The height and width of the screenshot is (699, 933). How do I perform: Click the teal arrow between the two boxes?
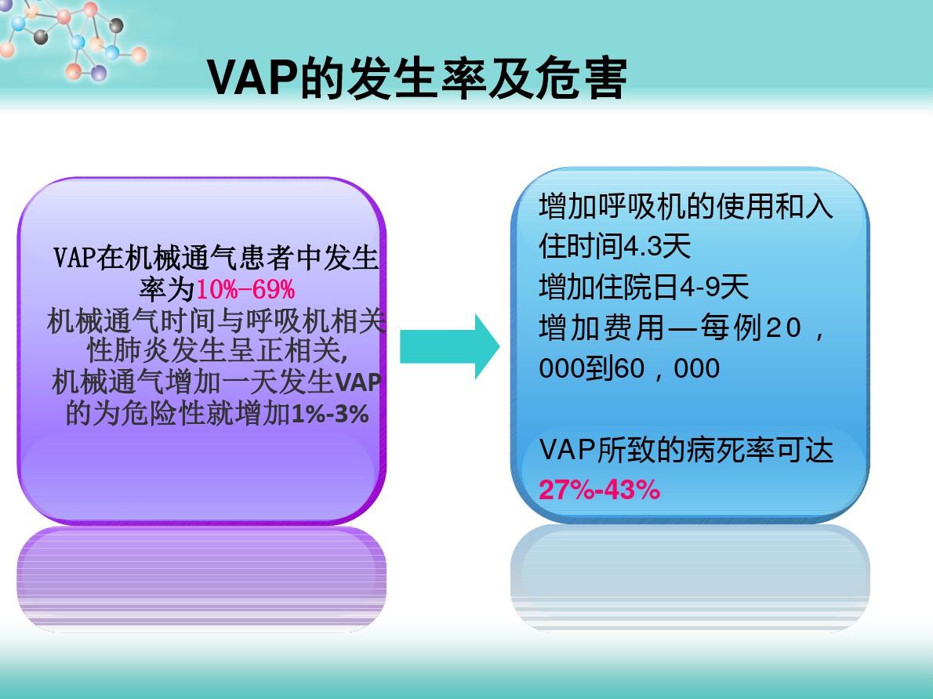click(x=449, y=346)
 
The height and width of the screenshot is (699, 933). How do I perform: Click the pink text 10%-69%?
click(x=245, y=290)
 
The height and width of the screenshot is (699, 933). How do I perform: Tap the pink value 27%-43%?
click(x=599, y=490)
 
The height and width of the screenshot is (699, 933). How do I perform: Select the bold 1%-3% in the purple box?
click(x=329, y=414)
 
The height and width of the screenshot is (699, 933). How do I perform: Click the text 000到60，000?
click(x=629, y=368)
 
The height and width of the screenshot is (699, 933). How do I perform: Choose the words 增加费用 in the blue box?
click(x=601, y=328)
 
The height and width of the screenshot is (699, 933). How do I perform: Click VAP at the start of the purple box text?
click(x=74, y=258)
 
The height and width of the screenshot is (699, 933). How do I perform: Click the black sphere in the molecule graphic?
click(x=116, y=26)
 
